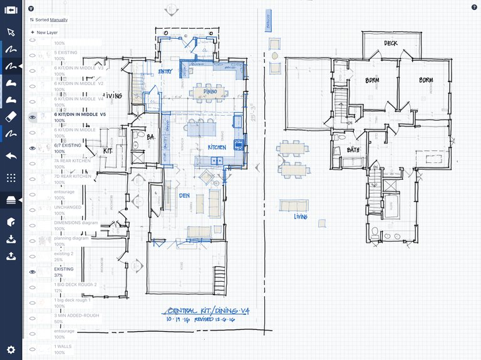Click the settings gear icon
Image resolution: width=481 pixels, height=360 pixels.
[11, 350]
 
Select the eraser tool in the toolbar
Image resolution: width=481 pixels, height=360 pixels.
[11, 116]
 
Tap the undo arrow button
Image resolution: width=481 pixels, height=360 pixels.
[11, 156]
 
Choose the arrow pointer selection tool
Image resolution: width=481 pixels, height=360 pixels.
[11, 33]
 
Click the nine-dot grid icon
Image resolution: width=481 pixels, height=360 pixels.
[11, 178]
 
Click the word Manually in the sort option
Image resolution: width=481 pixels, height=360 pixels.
[59, 20]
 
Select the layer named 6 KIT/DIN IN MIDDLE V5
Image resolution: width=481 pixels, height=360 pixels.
[78, 115]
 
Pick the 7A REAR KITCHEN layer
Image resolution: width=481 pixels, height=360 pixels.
[72, 161]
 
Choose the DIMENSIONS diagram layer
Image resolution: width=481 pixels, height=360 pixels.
[76, 223]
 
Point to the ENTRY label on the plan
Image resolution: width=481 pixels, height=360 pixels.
[166, 72]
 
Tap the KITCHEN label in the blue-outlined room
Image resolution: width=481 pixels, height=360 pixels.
[218, 147]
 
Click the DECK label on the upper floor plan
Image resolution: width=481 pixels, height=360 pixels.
[390, 44]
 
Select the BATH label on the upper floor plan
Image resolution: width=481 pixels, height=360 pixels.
[353, 150]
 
